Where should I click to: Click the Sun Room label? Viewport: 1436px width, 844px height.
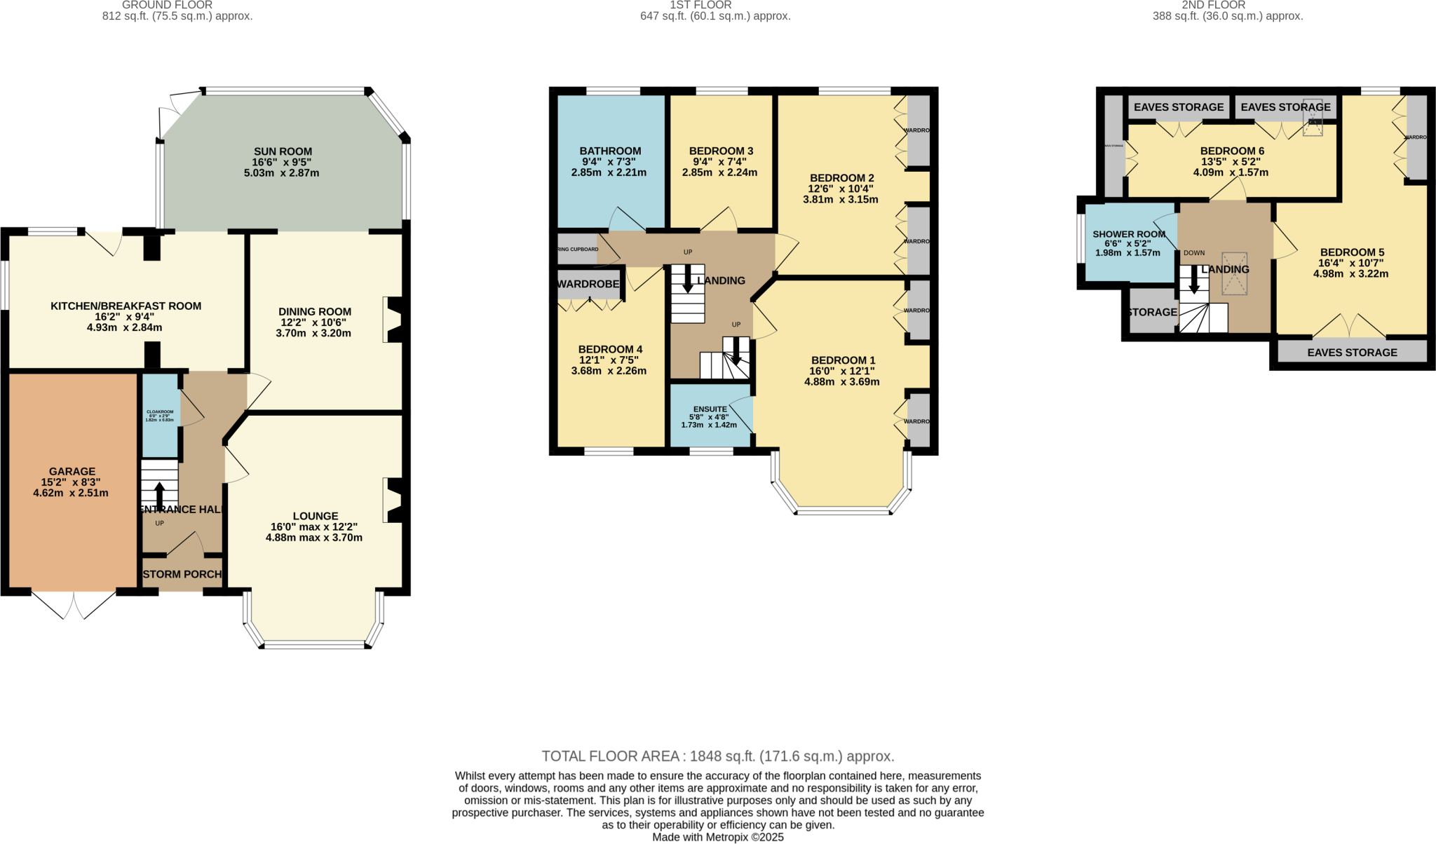point(283,151)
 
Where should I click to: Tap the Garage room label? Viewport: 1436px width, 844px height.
point(72,472)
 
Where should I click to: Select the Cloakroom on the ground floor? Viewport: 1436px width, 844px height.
point(160,416)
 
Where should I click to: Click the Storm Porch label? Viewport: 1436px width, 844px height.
point(182,574)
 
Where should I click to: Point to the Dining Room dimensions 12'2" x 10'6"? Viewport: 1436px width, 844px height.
point(314,322)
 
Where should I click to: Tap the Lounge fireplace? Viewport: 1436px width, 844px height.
point(394,500)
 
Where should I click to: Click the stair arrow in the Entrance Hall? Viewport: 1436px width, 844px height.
point(160,495)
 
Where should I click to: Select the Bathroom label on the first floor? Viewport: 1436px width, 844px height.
point(610,151)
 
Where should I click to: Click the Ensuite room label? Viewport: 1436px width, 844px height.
point(710,409)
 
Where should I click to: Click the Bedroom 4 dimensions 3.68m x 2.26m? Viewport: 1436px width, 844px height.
point(609,371)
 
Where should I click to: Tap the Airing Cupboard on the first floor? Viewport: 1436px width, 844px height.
point(578,250)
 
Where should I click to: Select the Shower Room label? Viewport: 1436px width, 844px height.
point(1129,234)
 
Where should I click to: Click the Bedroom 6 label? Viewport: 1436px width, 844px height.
point(1232,151)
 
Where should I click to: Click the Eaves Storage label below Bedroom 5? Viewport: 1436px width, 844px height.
point(1352,353)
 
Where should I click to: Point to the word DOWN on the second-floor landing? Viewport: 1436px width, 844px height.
point(1194,253)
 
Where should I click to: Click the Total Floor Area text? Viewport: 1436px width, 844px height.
point(718,756)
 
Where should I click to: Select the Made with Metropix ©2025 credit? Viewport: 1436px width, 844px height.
point(718,837)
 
